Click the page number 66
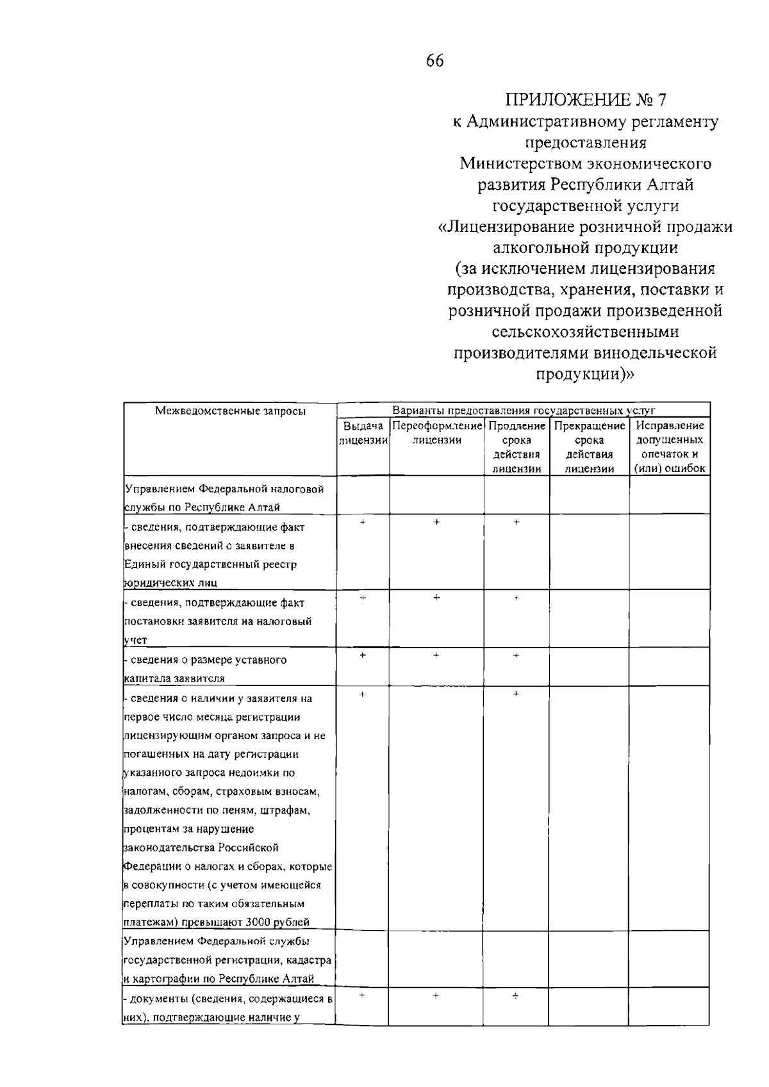434,61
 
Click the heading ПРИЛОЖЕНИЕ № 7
586,100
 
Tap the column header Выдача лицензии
363,432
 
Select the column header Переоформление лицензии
436,432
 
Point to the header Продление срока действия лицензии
517,446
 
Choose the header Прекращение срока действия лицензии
589,446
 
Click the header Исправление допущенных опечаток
670,446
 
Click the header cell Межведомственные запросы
230,411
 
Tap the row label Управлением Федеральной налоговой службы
224,498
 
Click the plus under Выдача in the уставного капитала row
363,655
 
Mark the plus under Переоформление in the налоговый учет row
436,598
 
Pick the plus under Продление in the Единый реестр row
516,523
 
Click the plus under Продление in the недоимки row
516,694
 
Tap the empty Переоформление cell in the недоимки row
436,807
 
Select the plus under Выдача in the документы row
363,996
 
